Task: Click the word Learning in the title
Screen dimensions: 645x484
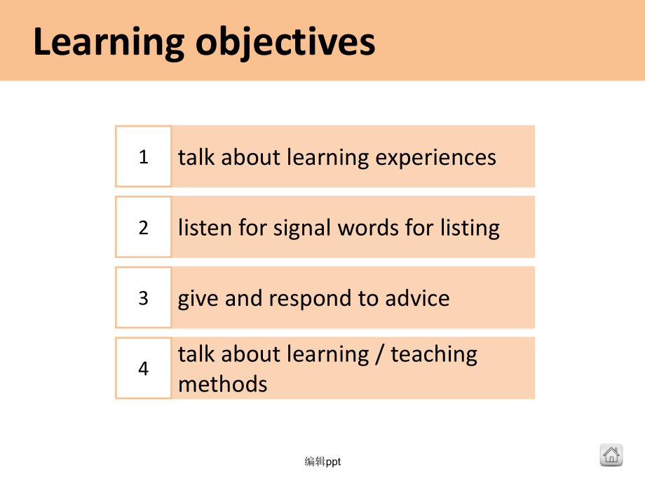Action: (109, 42)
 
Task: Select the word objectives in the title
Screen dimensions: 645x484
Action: (285, 42)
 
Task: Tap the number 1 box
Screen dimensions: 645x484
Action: (143, 156)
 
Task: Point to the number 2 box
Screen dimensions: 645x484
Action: (143, 227)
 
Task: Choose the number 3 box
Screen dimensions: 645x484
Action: (143, 297)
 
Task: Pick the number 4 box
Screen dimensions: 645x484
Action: (143, 368)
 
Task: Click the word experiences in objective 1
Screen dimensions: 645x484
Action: (435, 159)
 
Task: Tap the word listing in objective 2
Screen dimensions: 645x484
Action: (470, 229)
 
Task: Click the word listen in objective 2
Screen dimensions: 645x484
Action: (205, 228)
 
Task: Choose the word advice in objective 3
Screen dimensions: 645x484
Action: (417, 298)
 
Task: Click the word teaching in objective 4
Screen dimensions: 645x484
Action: (434, 355)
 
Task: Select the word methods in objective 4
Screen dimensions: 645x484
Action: (222, 384)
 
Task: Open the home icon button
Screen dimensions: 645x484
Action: (611, 455)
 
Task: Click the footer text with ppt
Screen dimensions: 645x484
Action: (322, 462)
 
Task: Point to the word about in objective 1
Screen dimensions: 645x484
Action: (250, 157)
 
